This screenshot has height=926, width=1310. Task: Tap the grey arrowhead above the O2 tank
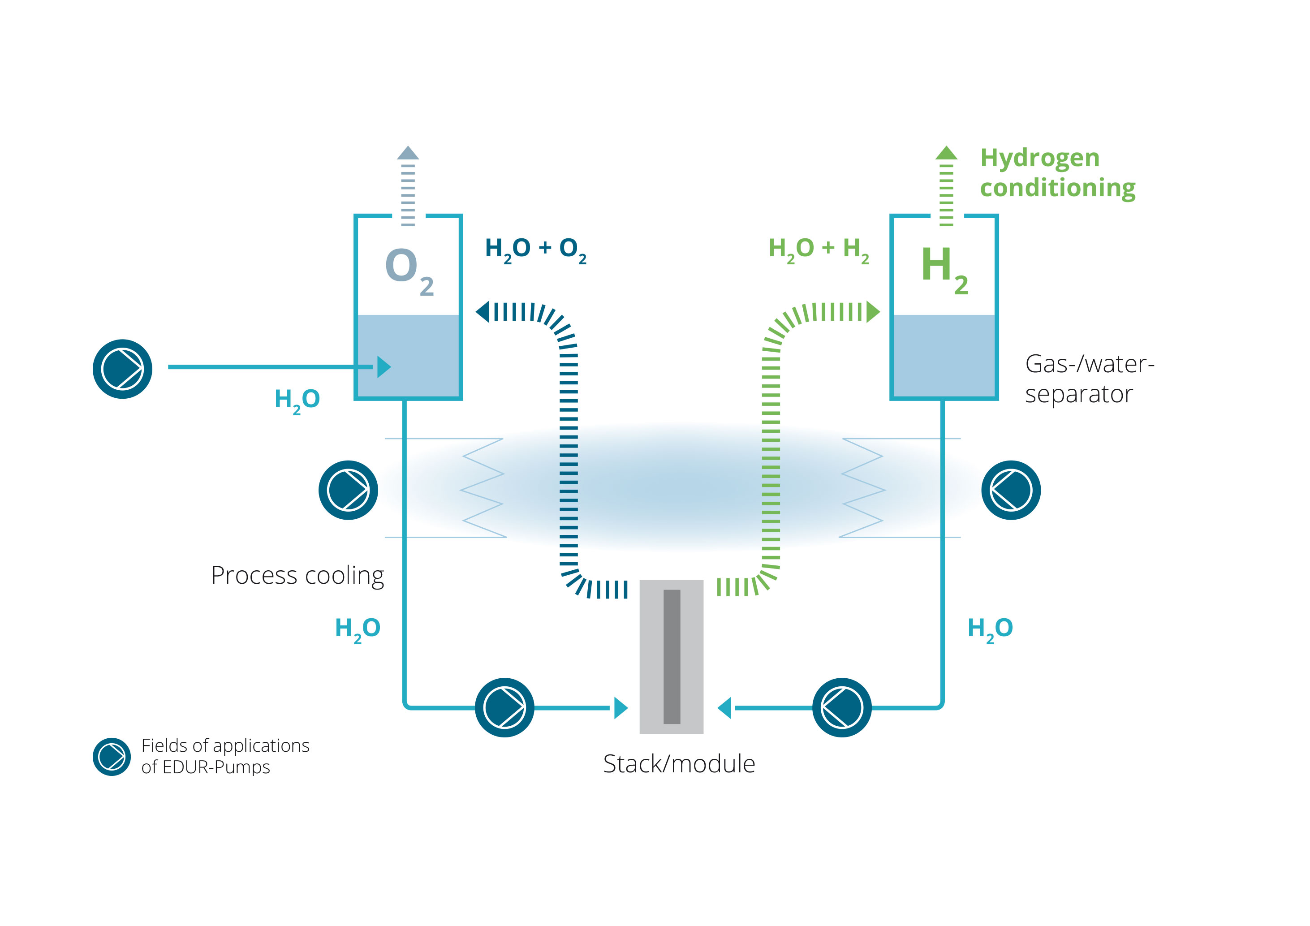(x=408, y=153)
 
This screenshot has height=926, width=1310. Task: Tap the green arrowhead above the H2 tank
(x=946, y=153)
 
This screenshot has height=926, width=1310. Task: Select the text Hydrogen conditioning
(x=1057, y=172)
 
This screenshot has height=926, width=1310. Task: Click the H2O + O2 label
(x=535, y=250)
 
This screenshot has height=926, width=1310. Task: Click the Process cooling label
(x=297, y=575)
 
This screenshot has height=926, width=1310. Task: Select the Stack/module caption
(x=679, y=764)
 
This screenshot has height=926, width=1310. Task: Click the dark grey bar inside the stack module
(x=672, y=656)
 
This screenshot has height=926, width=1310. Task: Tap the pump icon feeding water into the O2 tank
(x=123, y=369)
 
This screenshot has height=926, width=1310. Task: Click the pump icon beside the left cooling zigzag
(x=348, y=490)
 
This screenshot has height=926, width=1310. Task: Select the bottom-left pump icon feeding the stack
(x=504, y=707)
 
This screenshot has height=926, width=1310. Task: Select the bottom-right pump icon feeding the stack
(x=841, y=707)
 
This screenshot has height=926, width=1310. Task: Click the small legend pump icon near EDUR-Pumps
(x=112, y=757)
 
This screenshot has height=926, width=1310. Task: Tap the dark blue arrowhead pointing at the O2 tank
(x=483, y=312)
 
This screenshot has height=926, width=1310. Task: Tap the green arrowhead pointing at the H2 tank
(x=873, y=312)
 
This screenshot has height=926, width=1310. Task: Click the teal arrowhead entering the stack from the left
(x=621, y=708)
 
